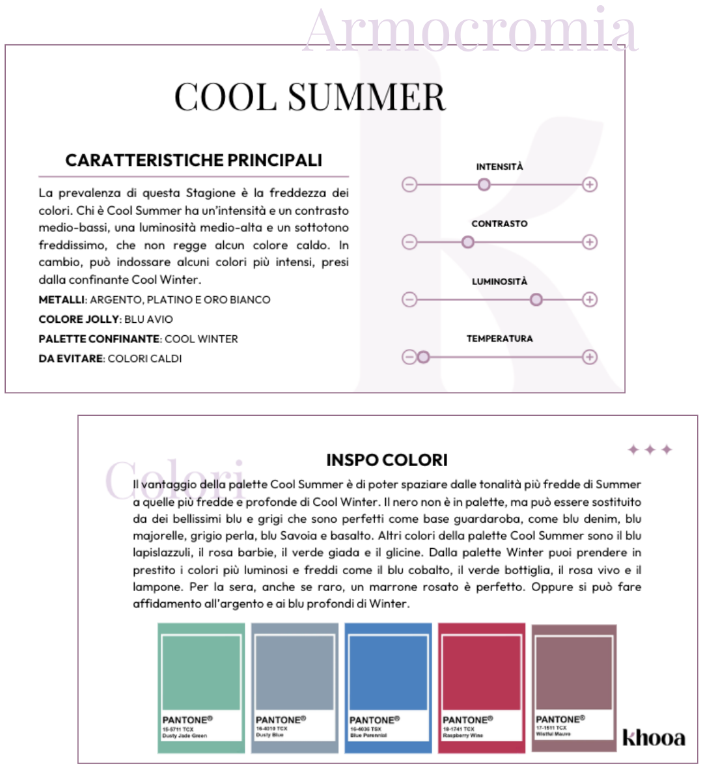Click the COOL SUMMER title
coord(310,98)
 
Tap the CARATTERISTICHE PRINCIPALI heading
coord(193,160)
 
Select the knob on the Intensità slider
coord(484,185)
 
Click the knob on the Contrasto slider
coord(467,242)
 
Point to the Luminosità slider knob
coord(536,299)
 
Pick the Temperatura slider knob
coord(423,357)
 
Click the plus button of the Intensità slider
coord(590,185)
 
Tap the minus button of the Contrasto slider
coord(409,242)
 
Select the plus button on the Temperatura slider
coord(590,357)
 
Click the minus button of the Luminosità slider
coord(409,299)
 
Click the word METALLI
coord(62,300)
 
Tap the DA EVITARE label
coord(71,359)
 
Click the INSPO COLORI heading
coord(387,460)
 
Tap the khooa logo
coord(654,738)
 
